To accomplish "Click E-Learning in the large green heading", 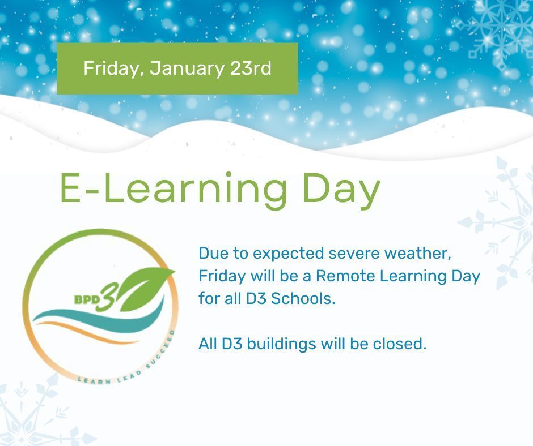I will coord(174,188).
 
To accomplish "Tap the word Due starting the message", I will coord(211,253).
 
